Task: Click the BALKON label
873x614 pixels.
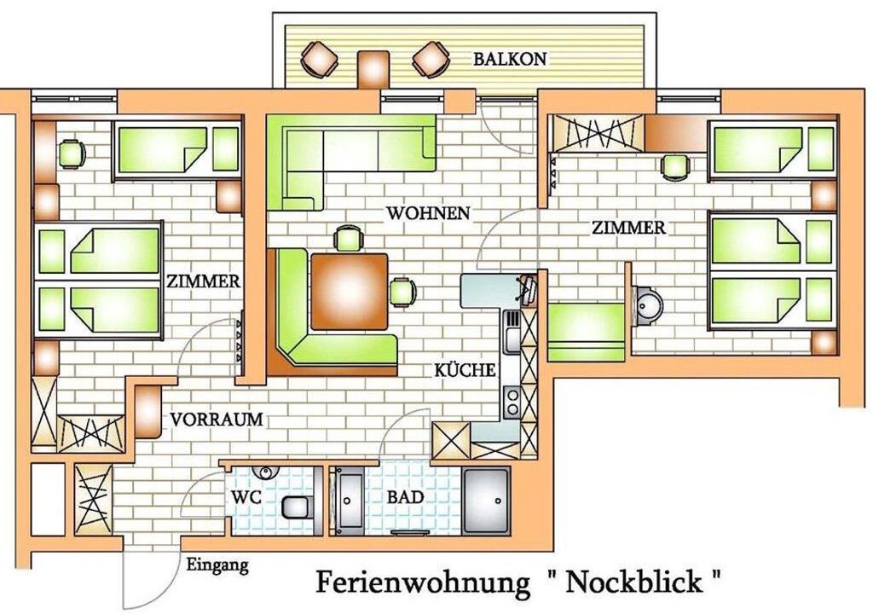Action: point(510,59)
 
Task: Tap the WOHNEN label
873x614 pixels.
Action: point(428,213)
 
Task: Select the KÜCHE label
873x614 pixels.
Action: point(465,369)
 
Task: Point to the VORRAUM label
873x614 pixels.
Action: point(217,419)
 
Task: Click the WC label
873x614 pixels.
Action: point(246,497)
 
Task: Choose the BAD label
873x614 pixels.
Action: point(405,497)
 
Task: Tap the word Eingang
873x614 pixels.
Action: point(217,566)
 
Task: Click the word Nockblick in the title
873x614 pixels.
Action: point(634,582)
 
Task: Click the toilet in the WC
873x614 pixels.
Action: point(297,507)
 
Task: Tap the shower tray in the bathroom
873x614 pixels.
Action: point(486,501)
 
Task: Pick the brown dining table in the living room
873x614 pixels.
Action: point(350,292)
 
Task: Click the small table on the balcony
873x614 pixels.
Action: point(373,69)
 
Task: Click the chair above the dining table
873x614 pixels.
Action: point(349,239)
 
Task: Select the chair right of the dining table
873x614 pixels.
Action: point(402,292)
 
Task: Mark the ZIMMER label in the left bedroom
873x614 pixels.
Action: point(203,281)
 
